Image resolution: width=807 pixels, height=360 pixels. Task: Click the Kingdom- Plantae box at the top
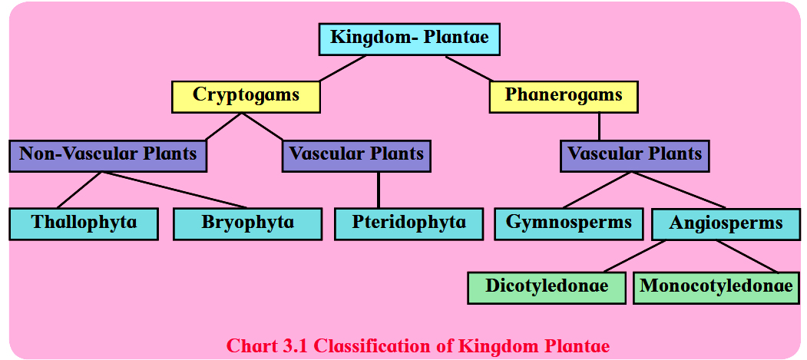tap(409, 38)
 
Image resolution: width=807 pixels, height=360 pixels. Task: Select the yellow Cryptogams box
tap(246, 97)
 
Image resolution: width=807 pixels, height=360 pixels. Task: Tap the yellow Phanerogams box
tap(564, 97)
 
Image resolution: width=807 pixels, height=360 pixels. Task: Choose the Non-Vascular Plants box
tap(108, 155)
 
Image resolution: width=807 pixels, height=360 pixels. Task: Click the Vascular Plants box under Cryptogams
tap(356, 155)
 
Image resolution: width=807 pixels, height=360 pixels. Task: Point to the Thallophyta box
tap(84, 223)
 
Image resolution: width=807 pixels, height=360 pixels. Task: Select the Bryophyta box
tap(247, 223)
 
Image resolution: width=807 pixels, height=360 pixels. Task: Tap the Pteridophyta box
tap(408, 223)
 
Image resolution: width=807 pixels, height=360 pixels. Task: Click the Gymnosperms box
tap(568, 223)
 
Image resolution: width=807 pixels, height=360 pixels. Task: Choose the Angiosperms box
tap(726, 224)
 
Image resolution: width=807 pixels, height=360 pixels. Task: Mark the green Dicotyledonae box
tap(546, 287)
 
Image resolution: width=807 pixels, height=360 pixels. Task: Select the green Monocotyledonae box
tap(716, 287)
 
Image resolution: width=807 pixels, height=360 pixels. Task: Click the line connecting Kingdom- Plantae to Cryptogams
tap(342, 68)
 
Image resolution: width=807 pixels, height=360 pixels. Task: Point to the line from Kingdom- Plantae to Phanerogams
tap(468, 68)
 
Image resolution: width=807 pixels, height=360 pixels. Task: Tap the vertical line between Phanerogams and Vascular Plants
tap(599, 126)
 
